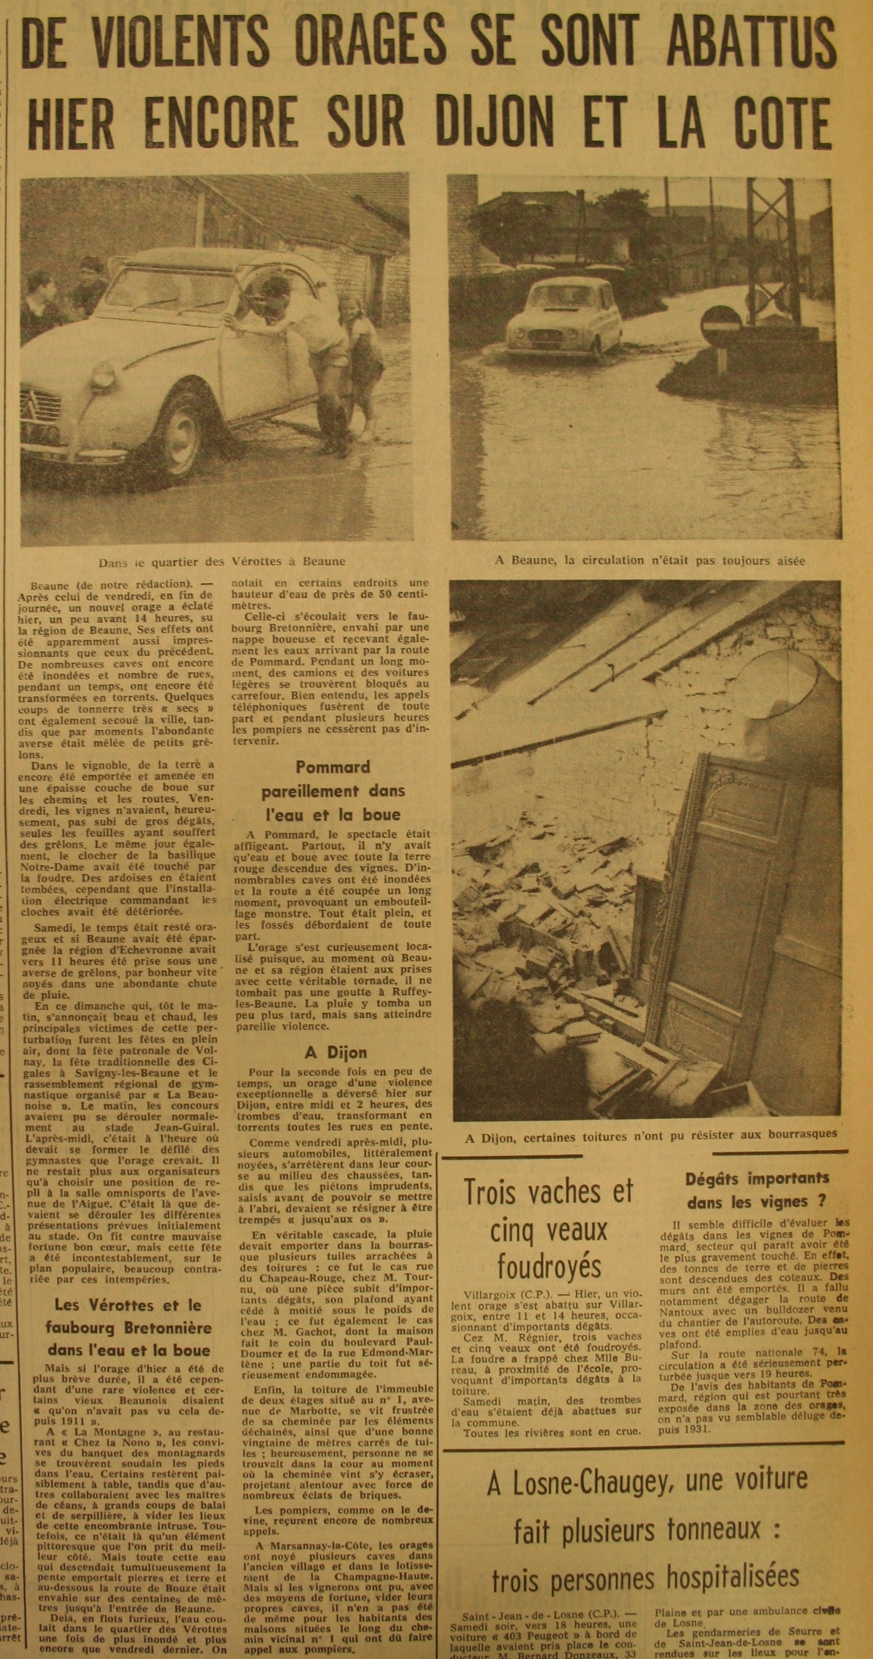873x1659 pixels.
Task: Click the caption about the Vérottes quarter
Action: pyautogui.click(x=222, y=562)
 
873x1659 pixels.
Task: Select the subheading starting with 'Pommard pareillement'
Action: pyautogui.click(x=332, y=790)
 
